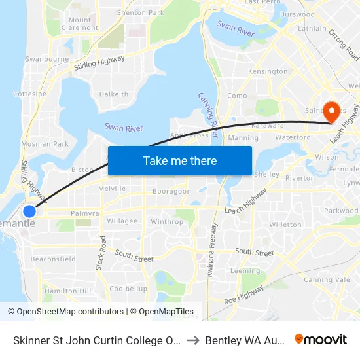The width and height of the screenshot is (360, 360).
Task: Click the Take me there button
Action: (x=179, y=160)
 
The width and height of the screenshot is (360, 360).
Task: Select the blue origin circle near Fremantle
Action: (x=29, y=211)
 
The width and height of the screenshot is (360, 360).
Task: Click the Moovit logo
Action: (x=321, y=340)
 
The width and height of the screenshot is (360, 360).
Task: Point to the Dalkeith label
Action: (x=114, y=94)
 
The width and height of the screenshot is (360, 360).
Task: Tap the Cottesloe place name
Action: (x=29, y=94)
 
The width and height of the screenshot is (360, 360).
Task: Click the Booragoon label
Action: (x=171, y=192)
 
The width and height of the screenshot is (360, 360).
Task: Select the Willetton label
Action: (x=285, y=225)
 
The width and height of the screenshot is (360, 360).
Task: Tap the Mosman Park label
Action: (x=45, y=143)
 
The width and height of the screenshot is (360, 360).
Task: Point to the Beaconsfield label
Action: (x=53, y=259)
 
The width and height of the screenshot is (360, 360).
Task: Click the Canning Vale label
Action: (x=327, y=280)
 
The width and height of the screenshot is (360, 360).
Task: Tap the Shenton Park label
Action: (x=140, y=12)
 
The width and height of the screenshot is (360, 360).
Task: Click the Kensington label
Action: (x=268, y=71)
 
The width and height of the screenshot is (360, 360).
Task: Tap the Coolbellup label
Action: (x=128, y=289)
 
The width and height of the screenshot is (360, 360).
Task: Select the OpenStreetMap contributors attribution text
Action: (x=66, y=312)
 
